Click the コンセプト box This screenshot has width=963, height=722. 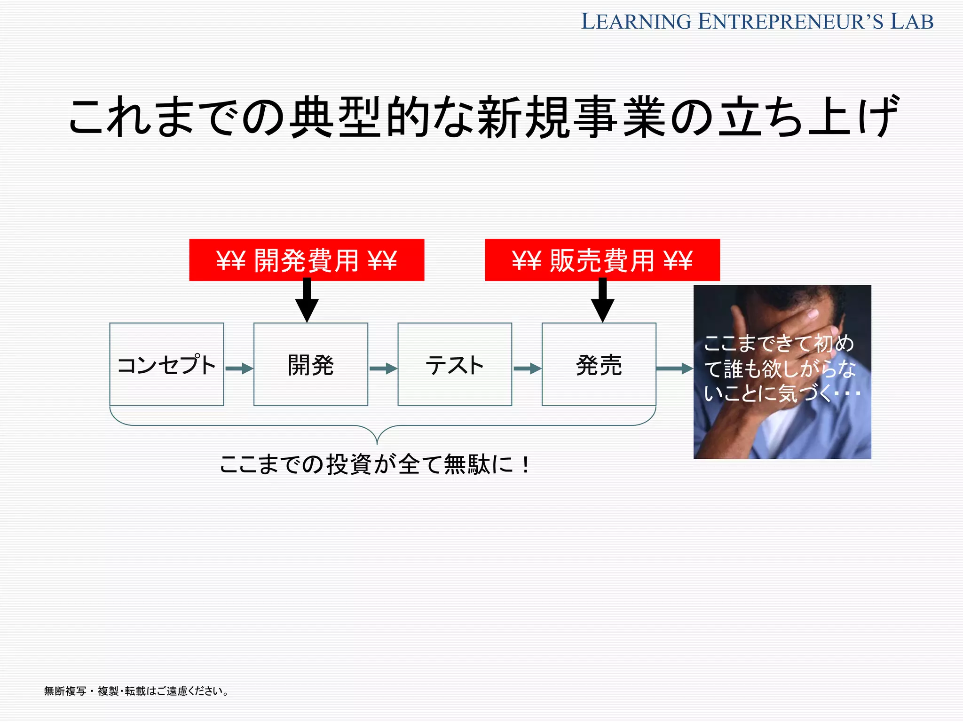pos(166,364)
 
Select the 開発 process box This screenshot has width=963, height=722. pos(310,364)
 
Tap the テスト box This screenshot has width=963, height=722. pos(455,364)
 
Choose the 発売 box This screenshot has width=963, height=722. pos(599,364)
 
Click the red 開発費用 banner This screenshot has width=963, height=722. pos(307,260)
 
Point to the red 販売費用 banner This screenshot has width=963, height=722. pos(602,260)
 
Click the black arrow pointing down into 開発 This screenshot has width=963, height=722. pos(307,301)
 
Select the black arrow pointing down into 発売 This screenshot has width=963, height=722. pos(603,301)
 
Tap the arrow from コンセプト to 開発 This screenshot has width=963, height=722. pos(239,368)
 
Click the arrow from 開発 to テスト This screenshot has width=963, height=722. pos(383,368)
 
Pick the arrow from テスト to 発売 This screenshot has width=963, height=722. pos(527,368)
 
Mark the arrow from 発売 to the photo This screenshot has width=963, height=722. pos(674,369)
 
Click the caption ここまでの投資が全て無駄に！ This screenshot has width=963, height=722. pos(375,464)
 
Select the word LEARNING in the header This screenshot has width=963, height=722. pos(636,22)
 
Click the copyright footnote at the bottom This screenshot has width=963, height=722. pos(136,691)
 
